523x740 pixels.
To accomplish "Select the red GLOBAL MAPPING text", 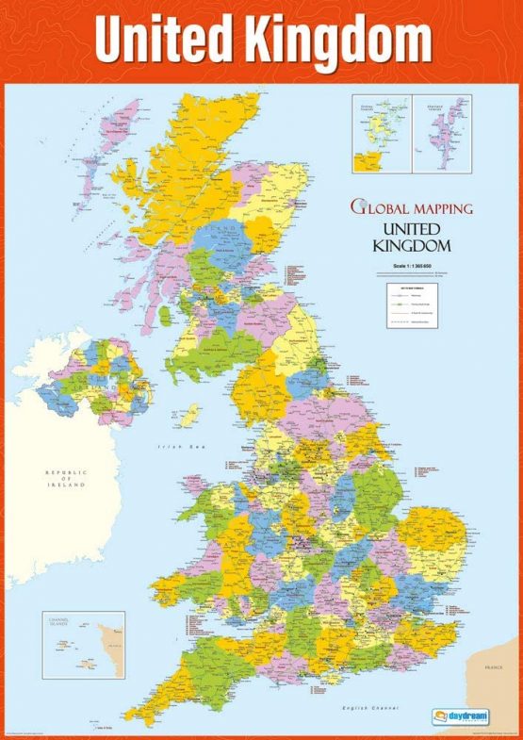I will [x=412, y=206].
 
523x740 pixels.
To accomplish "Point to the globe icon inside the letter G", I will [x=358, y=206].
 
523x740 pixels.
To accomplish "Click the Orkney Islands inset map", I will [x=374, y=133].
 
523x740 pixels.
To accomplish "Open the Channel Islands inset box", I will [x=83, y=644].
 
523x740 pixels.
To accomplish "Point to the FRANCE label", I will [x=493, y=667].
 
